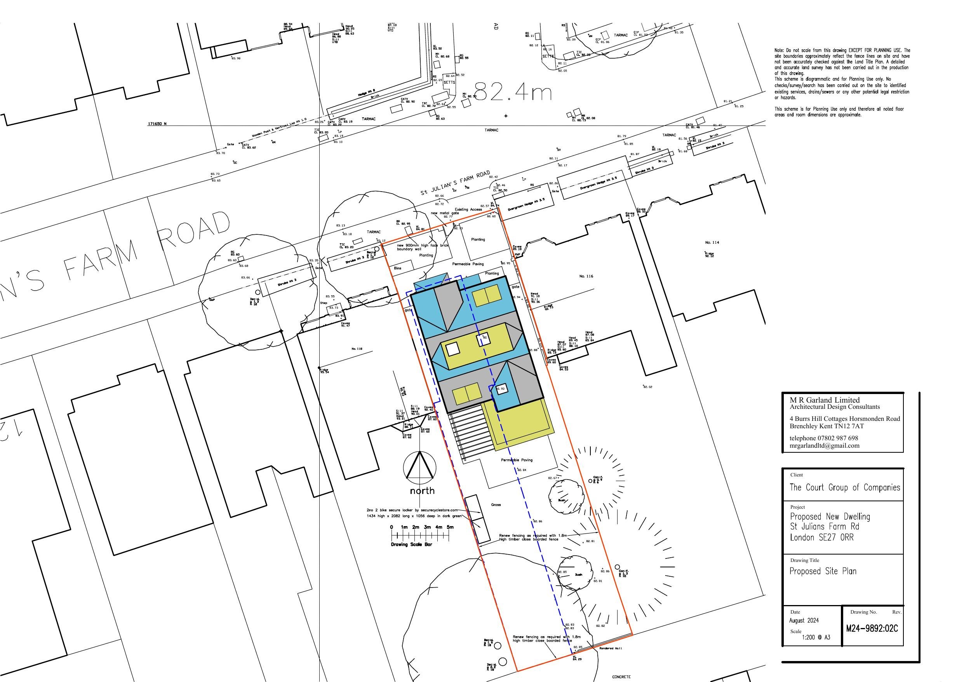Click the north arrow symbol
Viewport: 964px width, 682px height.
click(419, 467)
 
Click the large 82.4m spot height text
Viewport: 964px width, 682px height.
click(513, 92)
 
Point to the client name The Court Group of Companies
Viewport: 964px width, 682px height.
click(845, 487)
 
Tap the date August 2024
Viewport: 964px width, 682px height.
click(804, 620)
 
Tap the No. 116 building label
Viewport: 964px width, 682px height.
click(586, 276)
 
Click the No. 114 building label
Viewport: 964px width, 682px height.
click(712, 242)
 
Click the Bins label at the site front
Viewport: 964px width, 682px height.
click(398, 268)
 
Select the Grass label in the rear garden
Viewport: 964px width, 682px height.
click(496, 505)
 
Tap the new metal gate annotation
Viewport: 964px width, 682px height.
click(445, 213)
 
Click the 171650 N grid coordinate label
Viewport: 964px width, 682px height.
click(157, 124)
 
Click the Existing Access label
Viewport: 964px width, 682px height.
click(468, 209)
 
